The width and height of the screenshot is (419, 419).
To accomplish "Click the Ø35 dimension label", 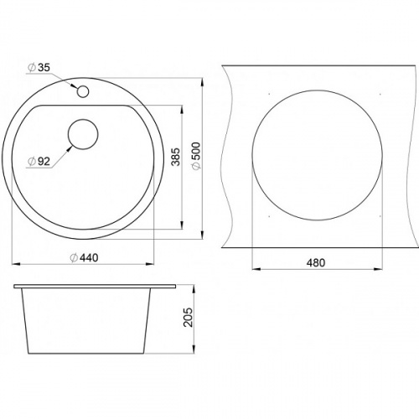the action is point(39,68).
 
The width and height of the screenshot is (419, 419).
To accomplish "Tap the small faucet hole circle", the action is point(83,91).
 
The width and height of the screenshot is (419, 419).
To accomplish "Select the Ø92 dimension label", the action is point(39,161).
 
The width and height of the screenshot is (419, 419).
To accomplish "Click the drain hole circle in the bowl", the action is point(83,134).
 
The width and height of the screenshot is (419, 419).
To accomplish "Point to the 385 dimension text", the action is point(176,157).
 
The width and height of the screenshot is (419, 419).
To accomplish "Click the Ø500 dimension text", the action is point(197,156).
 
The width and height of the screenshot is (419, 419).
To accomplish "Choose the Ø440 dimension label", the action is point(84,257).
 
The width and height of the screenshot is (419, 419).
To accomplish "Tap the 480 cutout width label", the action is point(316,263).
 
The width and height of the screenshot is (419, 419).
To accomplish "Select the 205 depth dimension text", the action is point(189,318).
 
